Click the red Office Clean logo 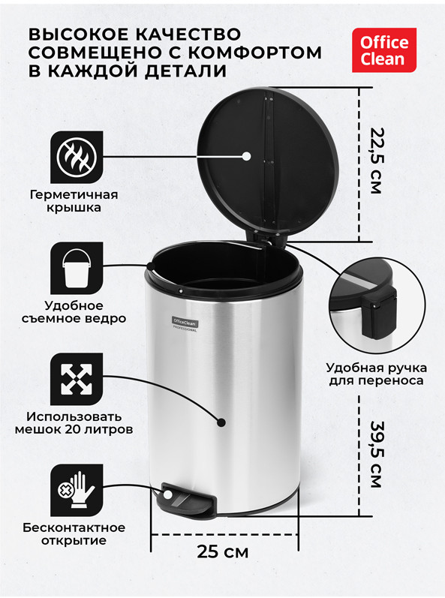(384, 50)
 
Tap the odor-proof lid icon (77, 157)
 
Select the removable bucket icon (77, 268)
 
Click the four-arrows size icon (77, 379)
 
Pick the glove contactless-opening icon (77, 490)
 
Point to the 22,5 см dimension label (376, 161)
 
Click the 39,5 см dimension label (376, 454)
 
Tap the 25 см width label (223, 551)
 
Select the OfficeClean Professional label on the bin (185, 325)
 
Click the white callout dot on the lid (246, 155)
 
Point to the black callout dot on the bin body (221, 422)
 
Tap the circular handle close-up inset (377, 303)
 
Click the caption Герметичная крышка (74, 201)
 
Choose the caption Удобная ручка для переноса (377, 374)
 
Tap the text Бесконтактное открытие (74, 534)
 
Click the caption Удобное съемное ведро (74, 312)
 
